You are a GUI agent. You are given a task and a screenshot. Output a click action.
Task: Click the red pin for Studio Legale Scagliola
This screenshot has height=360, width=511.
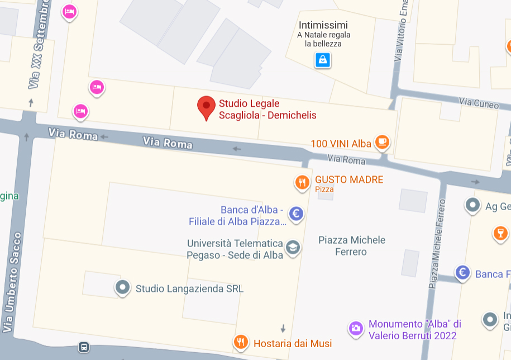pos(207,106)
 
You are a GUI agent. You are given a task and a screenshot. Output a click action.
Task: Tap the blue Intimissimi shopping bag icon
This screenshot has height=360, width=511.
pos(322,59)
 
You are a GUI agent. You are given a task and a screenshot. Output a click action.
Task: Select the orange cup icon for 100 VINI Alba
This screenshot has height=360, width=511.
pos(382,142)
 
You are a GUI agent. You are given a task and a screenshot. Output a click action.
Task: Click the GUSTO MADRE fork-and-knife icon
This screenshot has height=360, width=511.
pos(302,182)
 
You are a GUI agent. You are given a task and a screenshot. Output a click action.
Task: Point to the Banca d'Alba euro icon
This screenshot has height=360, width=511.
pos(296,212)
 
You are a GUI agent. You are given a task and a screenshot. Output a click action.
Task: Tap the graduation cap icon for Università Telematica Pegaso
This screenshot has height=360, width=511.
pos(292,247)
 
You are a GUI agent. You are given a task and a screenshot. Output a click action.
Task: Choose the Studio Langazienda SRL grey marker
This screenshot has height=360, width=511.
pos(122,287)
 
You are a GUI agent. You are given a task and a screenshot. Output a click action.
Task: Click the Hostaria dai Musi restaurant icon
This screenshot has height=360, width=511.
pos(241,342)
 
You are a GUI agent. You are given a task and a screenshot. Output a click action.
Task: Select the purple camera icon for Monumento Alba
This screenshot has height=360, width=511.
pos(356,328)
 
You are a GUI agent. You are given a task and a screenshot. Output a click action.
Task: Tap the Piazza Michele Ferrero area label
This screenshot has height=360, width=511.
pos(351,246)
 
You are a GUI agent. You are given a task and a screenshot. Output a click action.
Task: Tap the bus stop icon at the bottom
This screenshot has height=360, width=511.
pos(84,347)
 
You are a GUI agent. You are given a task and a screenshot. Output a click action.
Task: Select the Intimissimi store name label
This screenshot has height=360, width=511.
pos(323,25)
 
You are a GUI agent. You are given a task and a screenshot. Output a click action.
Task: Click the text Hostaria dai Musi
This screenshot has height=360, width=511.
pos(293,343)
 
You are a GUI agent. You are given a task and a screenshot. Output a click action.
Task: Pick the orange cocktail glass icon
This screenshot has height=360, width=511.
pos(500,233)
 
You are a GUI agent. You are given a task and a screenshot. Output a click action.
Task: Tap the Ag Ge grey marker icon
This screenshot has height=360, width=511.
pos(473,205)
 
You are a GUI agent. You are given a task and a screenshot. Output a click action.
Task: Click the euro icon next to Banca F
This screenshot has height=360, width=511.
pos(462,273)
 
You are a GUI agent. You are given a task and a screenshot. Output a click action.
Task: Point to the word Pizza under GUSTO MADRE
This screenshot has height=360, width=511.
pos(324,190)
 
